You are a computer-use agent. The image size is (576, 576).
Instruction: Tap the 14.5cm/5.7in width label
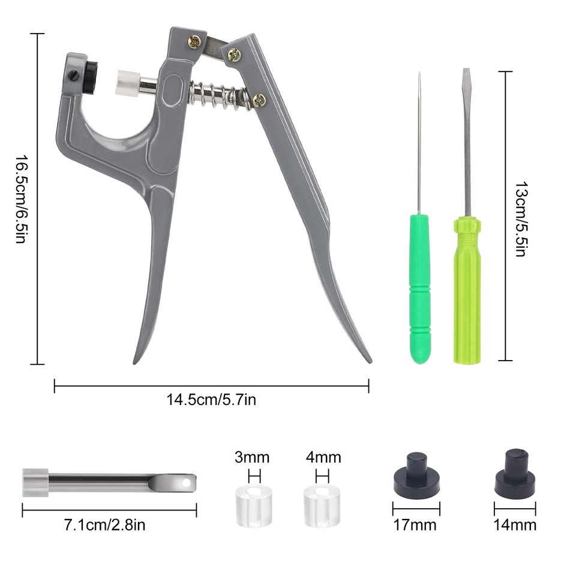[211, 400]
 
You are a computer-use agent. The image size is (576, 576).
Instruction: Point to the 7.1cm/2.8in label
[106, 526]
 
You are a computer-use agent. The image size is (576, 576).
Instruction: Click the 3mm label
[252, 458]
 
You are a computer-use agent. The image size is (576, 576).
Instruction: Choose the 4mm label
[323, 458]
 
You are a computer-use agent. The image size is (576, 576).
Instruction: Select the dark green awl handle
[420, 288]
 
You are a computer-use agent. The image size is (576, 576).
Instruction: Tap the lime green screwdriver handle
[467, 288]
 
